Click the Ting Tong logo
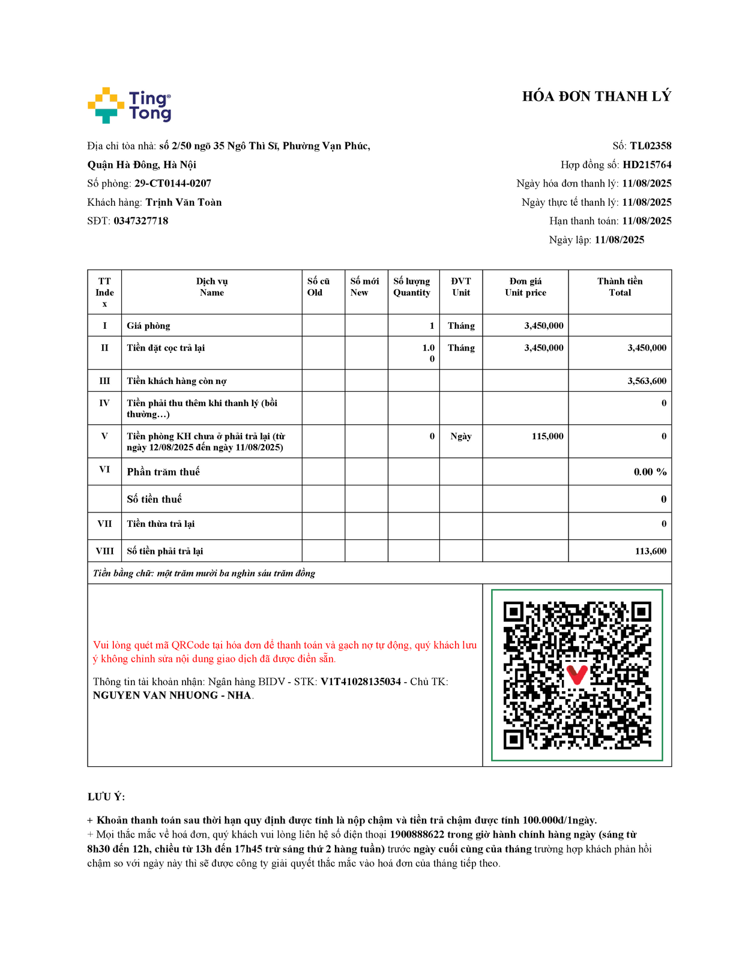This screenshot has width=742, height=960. pyautogui.click(x=130, y=106)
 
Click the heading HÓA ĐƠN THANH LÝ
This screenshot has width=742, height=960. pyautogui.click(x=596, y=97)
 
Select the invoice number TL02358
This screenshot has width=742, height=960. pyautogui.click(x=650, y=146)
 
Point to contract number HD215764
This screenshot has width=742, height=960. pyautogui.click(x=647, y=165)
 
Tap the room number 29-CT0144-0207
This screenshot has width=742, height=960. pyautogui.click(x=172, y=184)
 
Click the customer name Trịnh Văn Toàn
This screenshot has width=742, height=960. pyautogui.click(x=184, y=202)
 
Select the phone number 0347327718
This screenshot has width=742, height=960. pyautogui.click(x=141, y=221)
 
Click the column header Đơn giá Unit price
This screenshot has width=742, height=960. pyautogui.click(x=525, y=287)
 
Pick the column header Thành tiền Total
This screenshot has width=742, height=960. pyautogui.click(x=620, y=287)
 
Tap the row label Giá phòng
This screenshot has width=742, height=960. pyautogui.click(x=148, y=326)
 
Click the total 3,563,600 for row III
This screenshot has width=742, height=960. pyautogui.click(x=647, y=381)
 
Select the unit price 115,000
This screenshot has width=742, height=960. pyautogui.click(x=547, y=436)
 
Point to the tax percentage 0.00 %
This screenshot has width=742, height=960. pyautogui.click(x=650, y=472)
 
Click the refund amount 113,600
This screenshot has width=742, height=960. pyautogui.click(x=650, y=551)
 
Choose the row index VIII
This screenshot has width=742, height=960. pyautogui.click(x=104, y=551)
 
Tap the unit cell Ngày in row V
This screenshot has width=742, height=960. pyautogui.click(x=460, y=436)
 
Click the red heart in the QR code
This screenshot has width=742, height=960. pyautogui.click(x=577, y=674)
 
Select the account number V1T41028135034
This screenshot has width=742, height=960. pyautogui.click(x=360, y=682)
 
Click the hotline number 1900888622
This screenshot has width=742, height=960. pyautogui.click(x=417, y=835)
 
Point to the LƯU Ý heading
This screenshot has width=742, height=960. pyautogui.click(x=106, y=797)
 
